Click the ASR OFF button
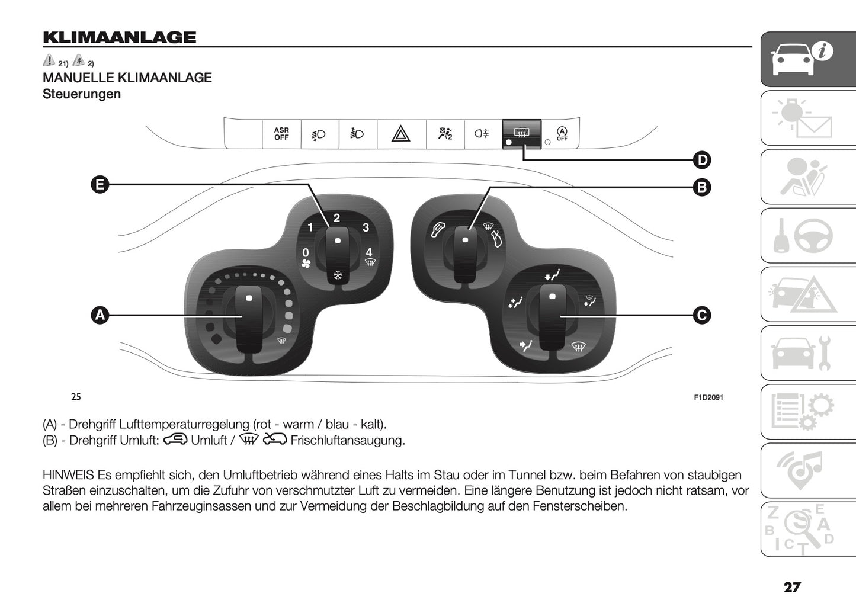281,134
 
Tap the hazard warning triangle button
401,134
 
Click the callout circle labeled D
701,160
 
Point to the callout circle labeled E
100,185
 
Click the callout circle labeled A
100,315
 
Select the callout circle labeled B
701,187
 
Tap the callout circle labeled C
701,315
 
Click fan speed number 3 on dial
366,227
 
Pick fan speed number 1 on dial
310,227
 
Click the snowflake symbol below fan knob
338,275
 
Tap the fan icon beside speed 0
306,264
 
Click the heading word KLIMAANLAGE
119,37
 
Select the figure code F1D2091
708,397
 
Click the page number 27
791,587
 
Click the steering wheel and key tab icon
807,236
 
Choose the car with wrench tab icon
807,353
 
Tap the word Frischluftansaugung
348,440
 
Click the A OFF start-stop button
561,134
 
